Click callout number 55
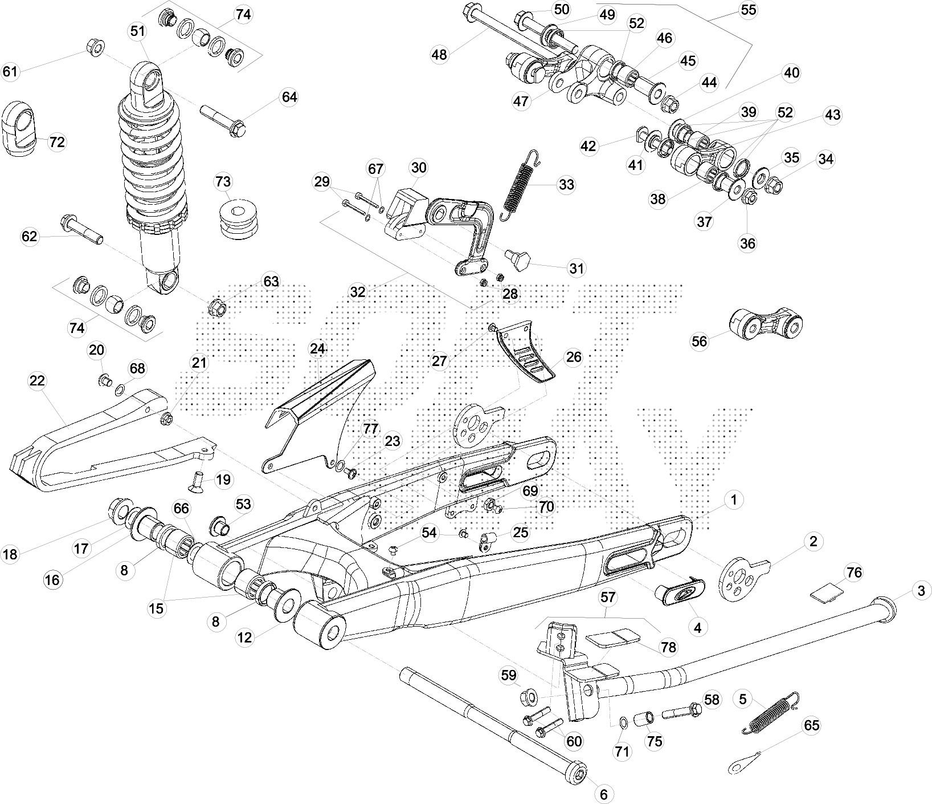point(747,10)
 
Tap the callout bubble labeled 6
point(604,794)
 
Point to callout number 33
point(566,185)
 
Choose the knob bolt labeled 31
point(520,259)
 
